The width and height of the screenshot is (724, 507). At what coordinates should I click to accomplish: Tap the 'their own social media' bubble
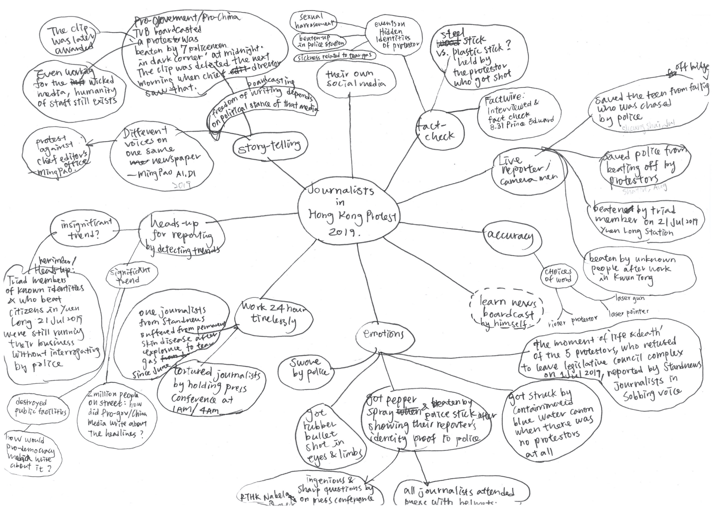[x=356, y=79]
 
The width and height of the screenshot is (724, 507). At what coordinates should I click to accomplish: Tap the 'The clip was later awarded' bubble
[x=71, y=40]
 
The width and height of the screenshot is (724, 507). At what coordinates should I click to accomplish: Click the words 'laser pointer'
[x=628, y=312]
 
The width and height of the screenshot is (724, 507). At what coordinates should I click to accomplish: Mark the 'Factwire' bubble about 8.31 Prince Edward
[x=519, y=113]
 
